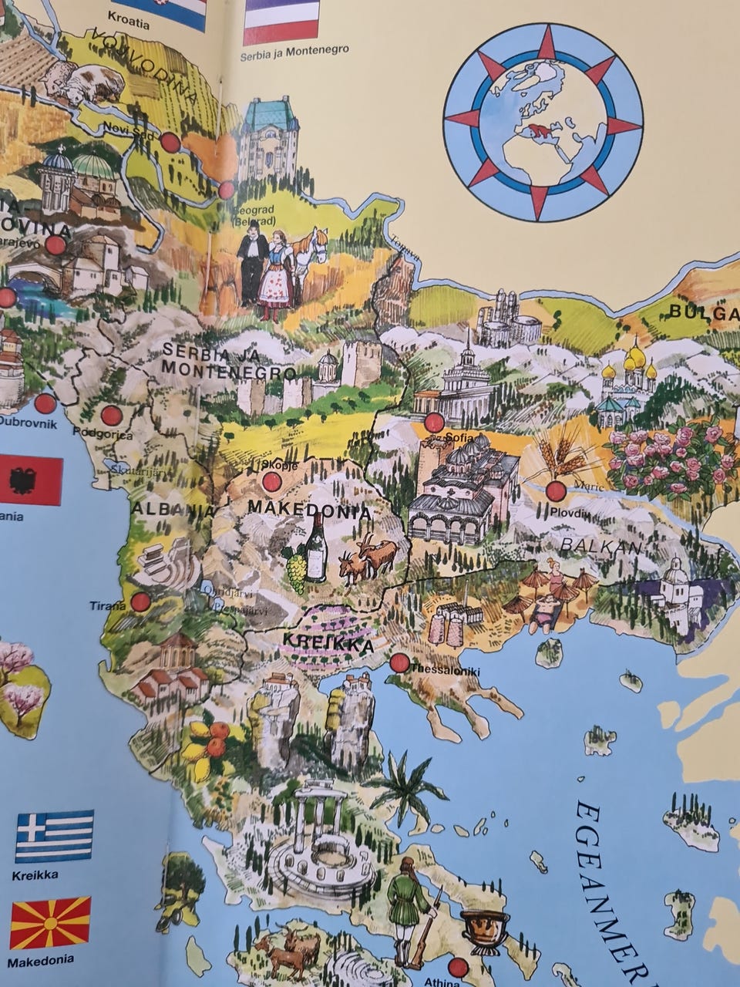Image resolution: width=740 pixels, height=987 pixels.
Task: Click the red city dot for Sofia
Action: [x=435, y=422]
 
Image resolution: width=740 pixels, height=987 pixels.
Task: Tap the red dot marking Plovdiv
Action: [x=556, y=491]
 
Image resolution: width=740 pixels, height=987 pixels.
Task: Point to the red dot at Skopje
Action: [x=271, y=482]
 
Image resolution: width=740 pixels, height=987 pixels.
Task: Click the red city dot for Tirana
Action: [x=140, y=602]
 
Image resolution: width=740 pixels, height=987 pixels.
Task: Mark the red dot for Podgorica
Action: [x=112, y=416]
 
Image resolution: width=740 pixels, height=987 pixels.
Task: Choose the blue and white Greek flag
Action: [x=54, y=836]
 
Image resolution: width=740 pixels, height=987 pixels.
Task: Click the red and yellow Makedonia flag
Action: [x=50, y=922]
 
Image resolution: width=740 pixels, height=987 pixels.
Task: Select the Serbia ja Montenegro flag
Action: [x=281, y=21]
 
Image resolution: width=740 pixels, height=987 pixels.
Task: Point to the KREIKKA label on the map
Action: [x=328, y=642]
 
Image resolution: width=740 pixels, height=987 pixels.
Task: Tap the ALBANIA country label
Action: [x=172, y=510]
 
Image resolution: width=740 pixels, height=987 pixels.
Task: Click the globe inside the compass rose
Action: [x=543, y=122]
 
